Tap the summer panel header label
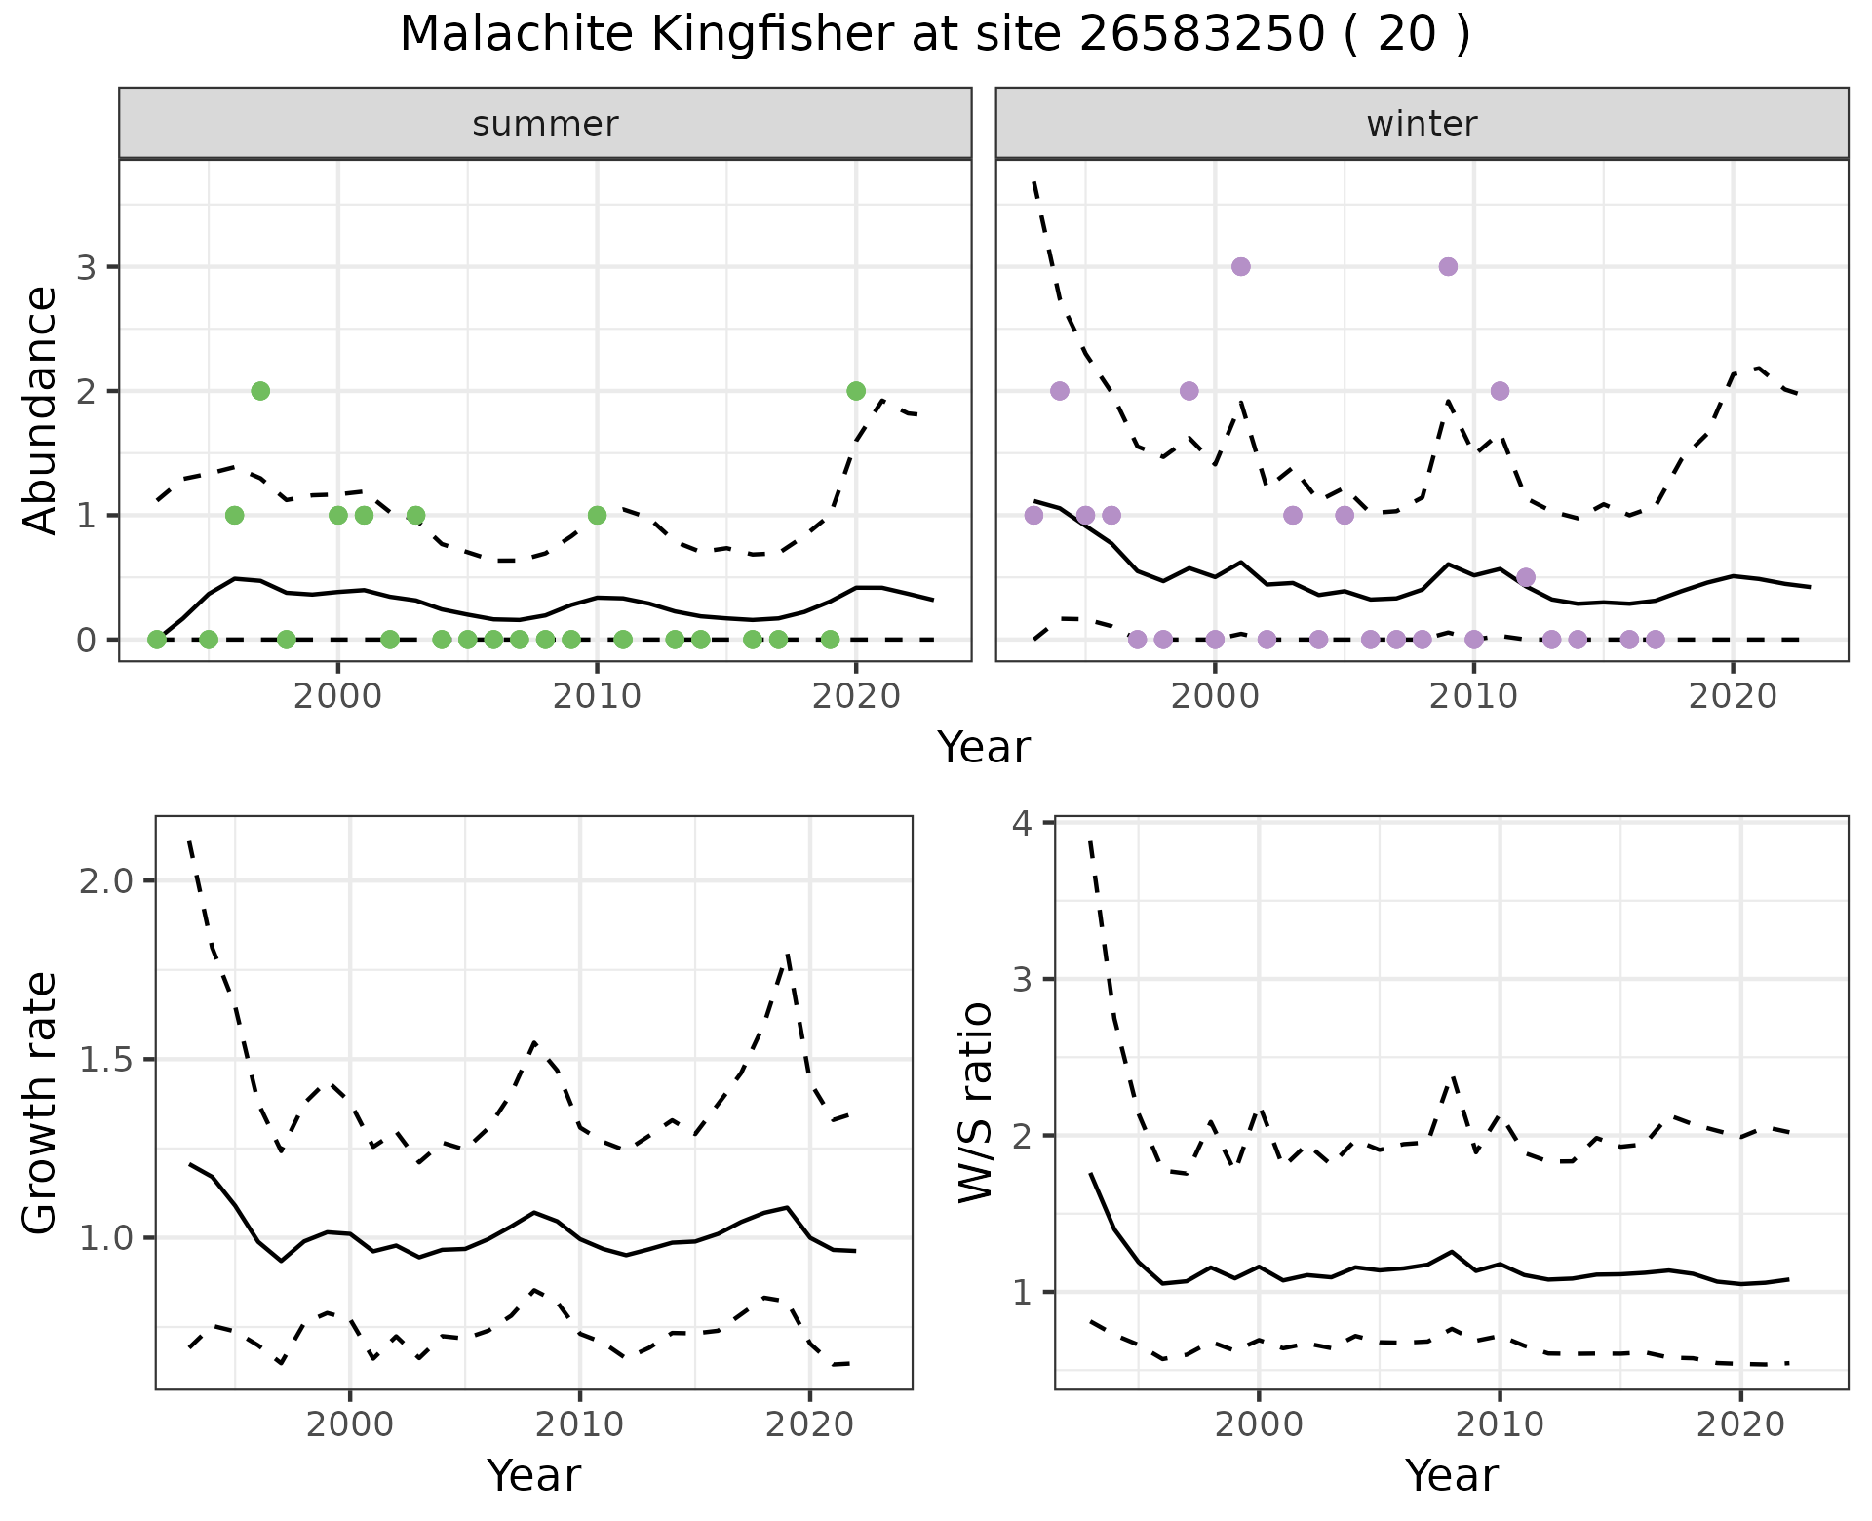point(545,124)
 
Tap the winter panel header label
point(1422,124)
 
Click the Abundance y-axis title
point(41,409)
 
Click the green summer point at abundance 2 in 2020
point(856,391)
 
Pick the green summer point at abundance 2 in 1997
point(260,391)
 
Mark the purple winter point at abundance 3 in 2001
point(1240,267)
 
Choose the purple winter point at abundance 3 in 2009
point(1448,267)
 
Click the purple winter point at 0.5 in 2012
point(1526,577)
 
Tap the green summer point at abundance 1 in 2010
point(597,515)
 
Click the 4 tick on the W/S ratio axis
point(1023,823)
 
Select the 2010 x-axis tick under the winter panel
point(1473,698)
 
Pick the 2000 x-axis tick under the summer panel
point(337,698)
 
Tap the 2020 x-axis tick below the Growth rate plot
point(809,1425)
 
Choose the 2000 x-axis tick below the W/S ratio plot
point(1258,1425)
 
